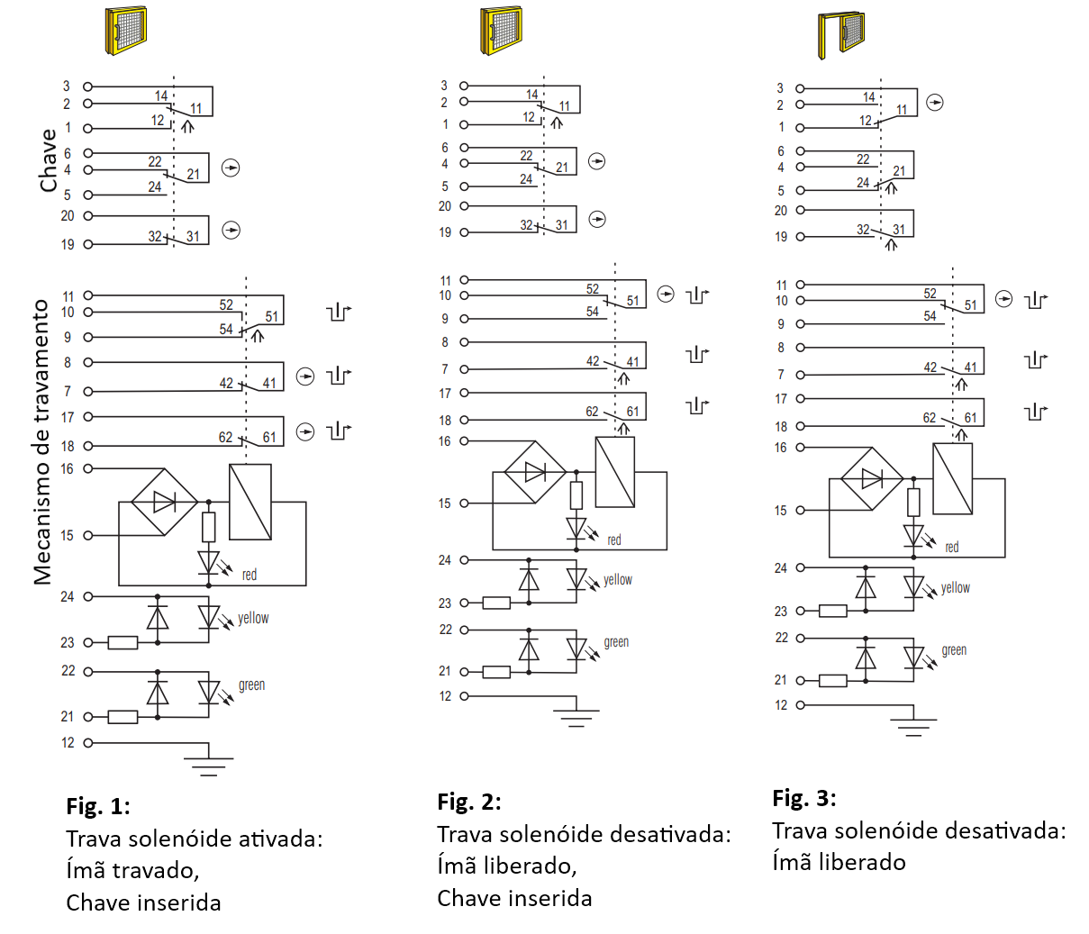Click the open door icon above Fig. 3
pyautogui.click(x=841, y=33)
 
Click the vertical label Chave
pyautogui.click(x=48, y=160)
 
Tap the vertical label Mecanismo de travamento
pyautogui.click(x=41, y=442)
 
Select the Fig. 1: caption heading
pyautogui.click(x=98, y=806)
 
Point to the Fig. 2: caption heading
pyautogui.click(x=469, y=802)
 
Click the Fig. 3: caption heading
pyautogui.click(x=804, y=798)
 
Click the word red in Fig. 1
pyautogui.click(x=250, y=575)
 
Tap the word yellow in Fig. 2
pyautogui.click(x=618, y=579)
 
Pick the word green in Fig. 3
pyautogui.click(x=954, y=650)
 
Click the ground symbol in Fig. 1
pyautogui.click(x=209, y=766)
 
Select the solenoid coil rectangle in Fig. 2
pyautogui.click(x=615, y=472)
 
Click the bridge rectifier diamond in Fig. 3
pyautogui.click(x=872, y=479)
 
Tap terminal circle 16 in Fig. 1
pyautogui.click(x=88, y=468)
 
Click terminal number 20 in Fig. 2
pyautogui.click(x=445, y=206)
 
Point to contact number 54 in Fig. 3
pyautogui.click(x=930, y=315)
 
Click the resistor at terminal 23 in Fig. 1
pyautogui.click(x=123, y=643)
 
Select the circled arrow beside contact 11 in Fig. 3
pyautogui.click(x=935, y=102)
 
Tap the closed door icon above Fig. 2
pyautogui.click(x=501, y=30)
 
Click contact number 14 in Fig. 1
pyautogui.click(x=161, y=95)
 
